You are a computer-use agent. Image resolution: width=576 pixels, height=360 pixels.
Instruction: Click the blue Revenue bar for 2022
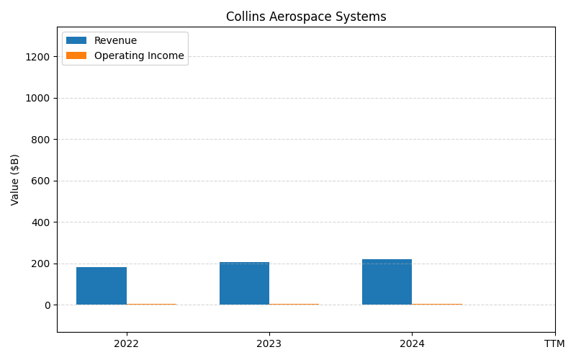click(x=102, y=286)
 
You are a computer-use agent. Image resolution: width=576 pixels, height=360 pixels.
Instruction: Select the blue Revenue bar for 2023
click(x=244, y=284)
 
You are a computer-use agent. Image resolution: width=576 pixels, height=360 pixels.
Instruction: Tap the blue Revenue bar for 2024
click(x=387, y=282)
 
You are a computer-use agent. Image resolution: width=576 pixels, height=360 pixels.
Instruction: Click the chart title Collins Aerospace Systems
click(x=306, y=17)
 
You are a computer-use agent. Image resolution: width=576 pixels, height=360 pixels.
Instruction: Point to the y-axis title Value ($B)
click(x=15, y=179)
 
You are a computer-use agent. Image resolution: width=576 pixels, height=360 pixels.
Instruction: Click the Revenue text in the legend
click(x=115, y=41)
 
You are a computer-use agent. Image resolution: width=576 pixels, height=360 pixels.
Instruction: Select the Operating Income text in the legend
click(x=139, y=56)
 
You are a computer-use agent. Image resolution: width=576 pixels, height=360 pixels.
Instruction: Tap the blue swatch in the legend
click(x=76, y=41)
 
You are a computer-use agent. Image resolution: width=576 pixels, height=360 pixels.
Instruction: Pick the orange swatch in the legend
click(x=76, y=56)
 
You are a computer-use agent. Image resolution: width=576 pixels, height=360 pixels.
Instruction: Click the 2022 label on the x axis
click(x=127, y=343)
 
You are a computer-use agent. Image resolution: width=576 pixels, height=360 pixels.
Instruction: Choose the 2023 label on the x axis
click(x=269, y=343)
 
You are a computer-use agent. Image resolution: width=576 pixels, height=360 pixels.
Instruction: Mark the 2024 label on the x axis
click(x=412, y=343)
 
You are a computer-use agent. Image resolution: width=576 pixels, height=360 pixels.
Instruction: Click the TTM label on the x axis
click(x=554, y=343)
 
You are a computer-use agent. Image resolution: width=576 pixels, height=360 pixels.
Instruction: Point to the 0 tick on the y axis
click(x=48, y=305)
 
